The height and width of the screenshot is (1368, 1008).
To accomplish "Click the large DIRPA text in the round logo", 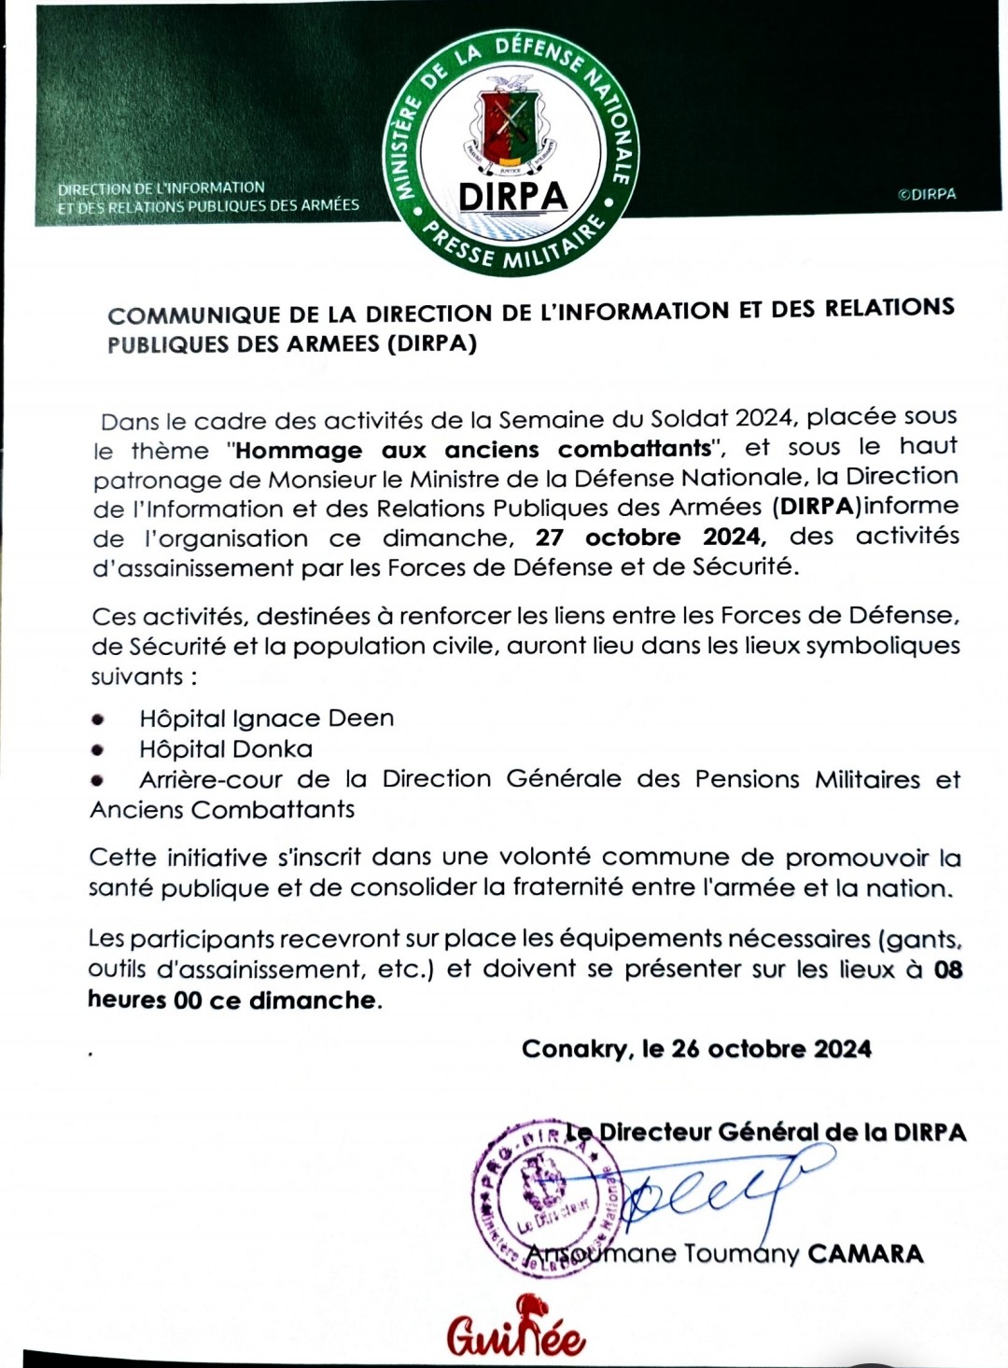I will point(513,196).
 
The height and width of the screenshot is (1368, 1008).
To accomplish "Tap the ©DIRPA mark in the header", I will point(927,194).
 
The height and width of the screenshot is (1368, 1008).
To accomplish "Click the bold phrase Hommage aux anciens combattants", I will point(473,449).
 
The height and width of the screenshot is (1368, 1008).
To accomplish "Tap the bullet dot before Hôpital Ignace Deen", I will point(98,719).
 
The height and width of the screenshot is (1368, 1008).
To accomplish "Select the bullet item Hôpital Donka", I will point(226,748).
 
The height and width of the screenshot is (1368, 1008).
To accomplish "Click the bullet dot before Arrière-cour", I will point(98,779).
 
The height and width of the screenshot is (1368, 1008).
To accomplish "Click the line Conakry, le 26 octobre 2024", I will point(696,1049).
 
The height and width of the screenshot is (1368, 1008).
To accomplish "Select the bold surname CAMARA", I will point(865,1253).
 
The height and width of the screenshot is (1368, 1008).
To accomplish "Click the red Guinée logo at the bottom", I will point(515,1329).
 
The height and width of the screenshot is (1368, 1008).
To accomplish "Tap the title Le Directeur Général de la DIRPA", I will point(767,1132).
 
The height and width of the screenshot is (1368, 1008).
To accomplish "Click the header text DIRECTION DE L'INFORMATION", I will point(161,188).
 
